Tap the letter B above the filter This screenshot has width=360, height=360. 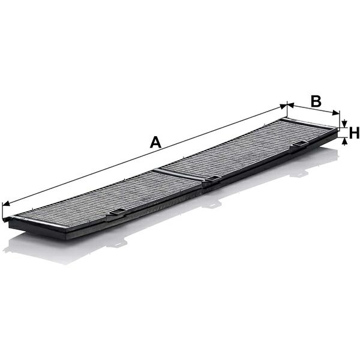click(x=316, y=101)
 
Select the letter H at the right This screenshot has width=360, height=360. click(x=354, y=133)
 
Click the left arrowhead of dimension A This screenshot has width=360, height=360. click(x=6, y=204)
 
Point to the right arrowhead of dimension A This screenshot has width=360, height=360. click(x=283, y=106)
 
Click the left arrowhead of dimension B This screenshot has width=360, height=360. click(x=290, y=106)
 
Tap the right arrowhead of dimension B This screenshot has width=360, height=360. click(x=335, y=113)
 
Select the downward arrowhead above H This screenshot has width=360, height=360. click(x=344, y=124)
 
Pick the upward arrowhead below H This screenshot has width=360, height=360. click(x=344, y=142)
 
